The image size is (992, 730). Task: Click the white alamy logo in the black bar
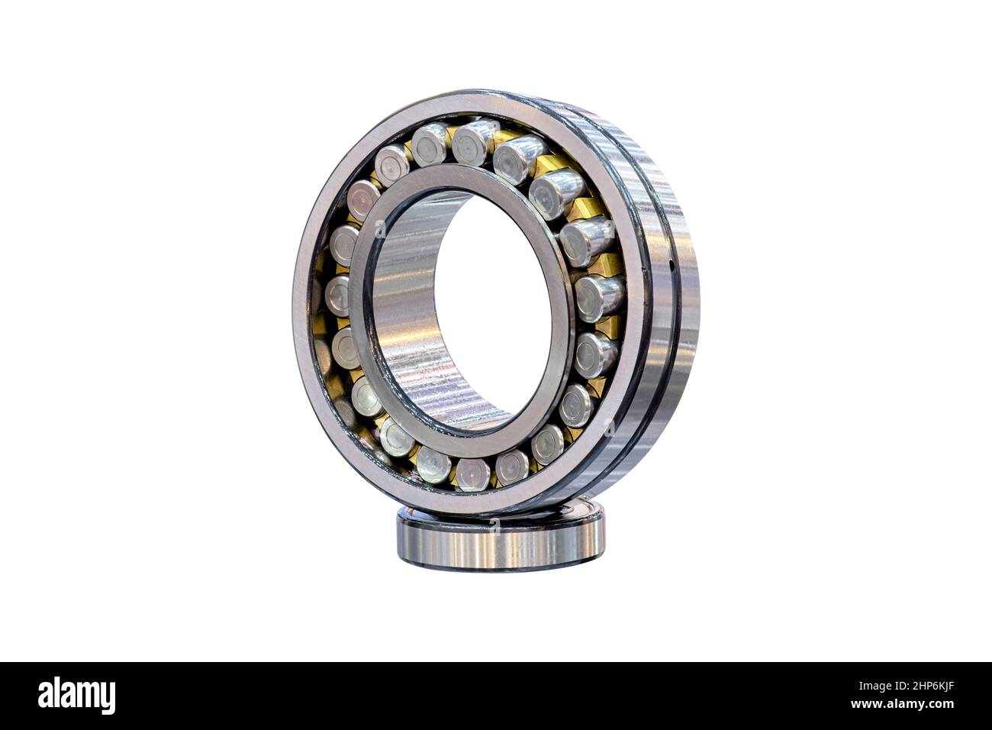pos(76,696)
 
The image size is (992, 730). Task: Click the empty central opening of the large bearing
pos(488,305)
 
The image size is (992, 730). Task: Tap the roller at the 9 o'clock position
pos(338,296)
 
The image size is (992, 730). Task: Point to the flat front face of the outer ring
pos(305,305)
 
